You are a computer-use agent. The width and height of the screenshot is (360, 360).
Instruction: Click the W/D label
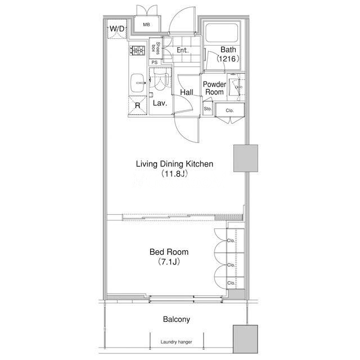117,29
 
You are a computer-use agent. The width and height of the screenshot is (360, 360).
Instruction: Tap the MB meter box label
146,25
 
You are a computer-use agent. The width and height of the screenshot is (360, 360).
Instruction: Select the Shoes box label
156,48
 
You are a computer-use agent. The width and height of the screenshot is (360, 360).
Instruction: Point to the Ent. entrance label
182,50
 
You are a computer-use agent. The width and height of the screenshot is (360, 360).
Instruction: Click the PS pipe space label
155,62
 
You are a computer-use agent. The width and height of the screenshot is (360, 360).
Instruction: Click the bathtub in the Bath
222,33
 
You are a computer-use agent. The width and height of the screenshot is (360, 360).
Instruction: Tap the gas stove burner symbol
137,51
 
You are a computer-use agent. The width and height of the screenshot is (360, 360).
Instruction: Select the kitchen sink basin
137,83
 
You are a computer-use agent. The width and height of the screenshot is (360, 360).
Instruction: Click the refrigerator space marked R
137,105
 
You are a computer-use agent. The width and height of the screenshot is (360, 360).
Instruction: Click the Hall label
186,92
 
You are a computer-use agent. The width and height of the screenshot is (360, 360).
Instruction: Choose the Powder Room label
214,88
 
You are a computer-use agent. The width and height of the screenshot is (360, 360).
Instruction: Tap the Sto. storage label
208,109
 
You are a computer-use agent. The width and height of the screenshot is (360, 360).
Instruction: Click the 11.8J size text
174,174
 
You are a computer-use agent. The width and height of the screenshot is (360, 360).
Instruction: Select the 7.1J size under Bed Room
169,262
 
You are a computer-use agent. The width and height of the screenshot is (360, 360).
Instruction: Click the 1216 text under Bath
228,59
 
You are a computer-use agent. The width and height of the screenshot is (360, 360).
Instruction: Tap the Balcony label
176,319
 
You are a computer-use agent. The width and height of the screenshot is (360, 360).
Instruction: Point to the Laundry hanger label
176,342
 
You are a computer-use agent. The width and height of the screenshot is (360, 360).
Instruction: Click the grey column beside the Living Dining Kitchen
246,158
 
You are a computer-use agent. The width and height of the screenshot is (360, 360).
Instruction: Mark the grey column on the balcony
245,339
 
